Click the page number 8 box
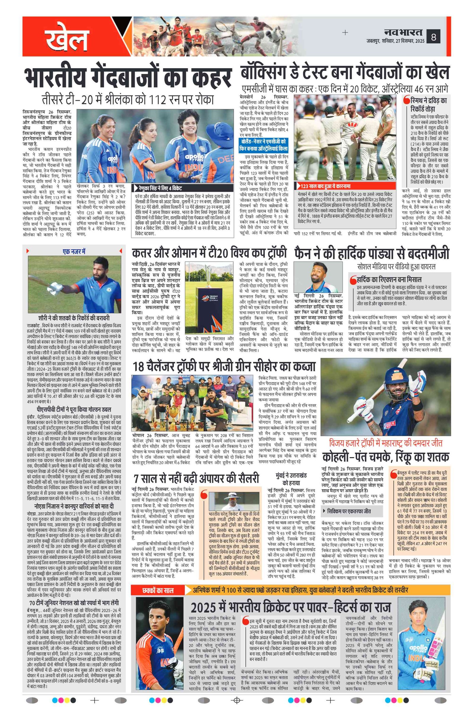click(433, 37)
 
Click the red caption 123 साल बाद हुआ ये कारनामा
click(325, 186)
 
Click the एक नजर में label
click(74, 251)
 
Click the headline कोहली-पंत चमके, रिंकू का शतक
click(385, 456)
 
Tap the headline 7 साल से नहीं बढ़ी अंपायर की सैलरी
click(196, 478)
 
